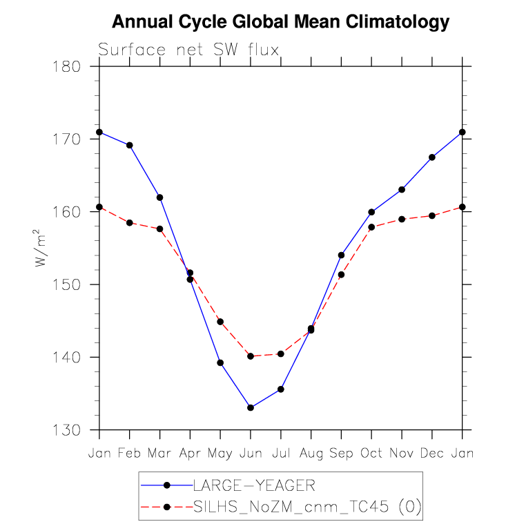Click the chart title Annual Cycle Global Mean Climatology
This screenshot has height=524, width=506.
pos(280,22)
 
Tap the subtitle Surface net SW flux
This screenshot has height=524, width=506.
pos(188,50)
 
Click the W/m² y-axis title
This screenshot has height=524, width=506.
pos(42,249)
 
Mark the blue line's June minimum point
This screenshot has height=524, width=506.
pos(251,408)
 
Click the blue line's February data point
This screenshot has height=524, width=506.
pos(130,145)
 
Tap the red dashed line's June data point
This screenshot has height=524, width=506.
pos(251,356)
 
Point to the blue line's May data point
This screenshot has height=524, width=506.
pos(220,362)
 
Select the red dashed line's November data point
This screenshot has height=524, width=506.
pos(402,219)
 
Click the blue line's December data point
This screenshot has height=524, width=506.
pos(432,157)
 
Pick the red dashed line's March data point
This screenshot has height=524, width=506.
pos(160,229)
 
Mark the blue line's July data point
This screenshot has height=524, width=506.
pos(281,389)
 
